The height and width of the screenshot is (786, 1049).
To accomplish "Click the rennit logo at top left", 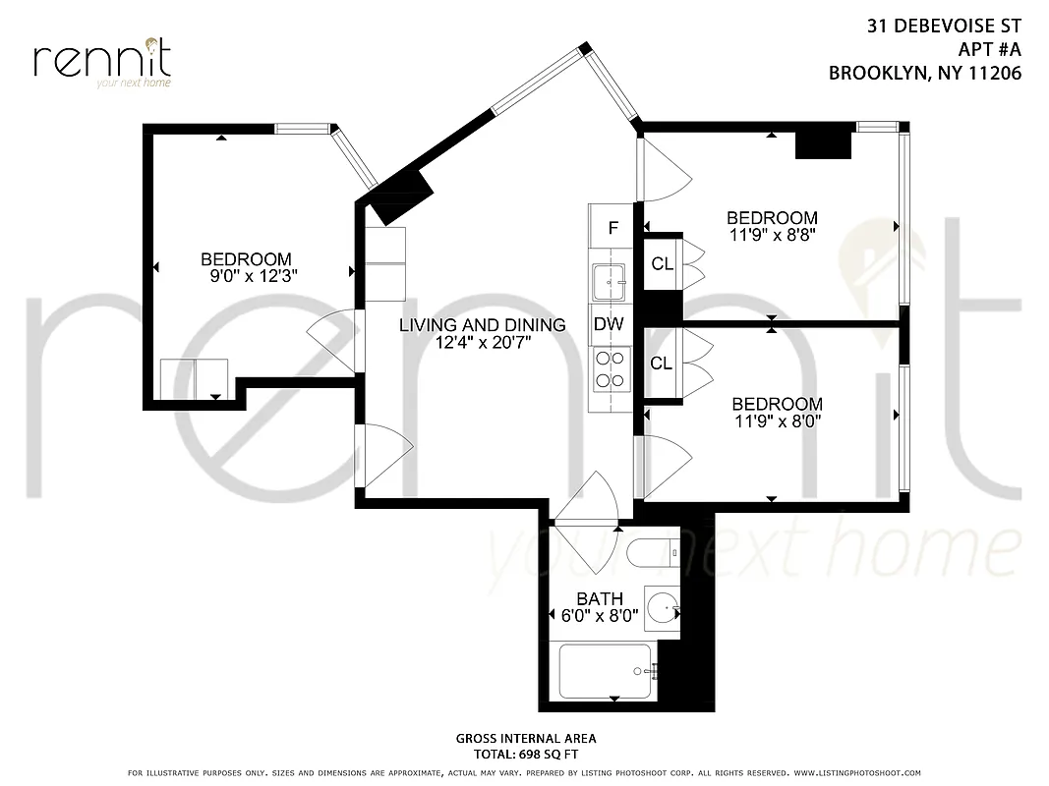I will click(102, 61).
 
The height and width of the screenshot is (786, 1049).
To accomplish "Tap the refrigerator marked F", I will click(613, 228).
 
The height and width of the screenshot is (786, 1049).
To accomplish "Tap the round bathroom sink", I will click(663, 606).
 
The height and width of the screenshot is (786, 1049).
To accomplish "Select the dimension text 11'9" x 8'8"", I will click(772, 235).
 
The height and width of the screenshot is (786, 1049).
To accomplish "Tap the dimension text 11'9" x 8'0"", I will click(777, 421).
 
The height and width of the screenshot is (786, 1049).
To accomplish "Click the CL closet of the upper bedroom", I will click(662, 263).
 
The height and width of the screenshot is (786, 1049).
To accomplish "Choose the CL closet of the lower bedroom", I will click(662, 364).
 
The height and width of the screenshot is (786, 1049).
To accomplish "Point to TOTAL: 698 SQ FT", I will click(525, 755).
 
